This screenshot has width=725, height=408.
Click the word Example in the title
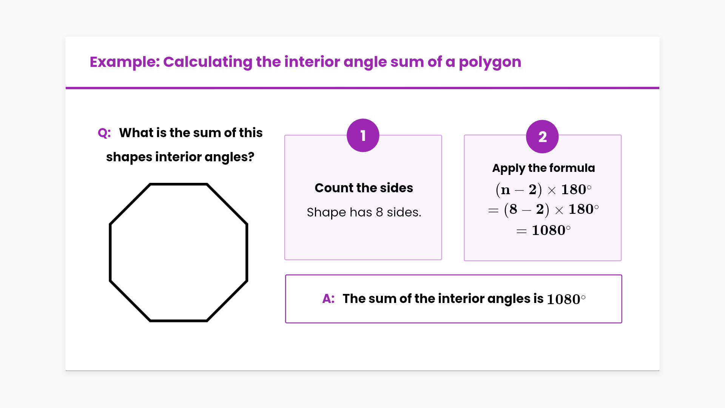(125, 62)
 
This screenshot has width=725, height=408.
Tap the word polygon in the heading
(490, 62)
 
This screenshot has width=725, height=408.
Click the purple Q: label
(104, 133)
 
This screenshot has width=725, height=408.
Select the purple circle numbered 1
(363, 136)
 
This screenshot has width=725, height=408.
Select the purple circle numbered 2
(542, 137)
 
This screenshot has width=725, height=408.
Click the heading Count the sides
(364, 188)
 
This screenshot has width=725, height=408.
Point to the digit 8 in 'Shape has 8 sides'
(379, 212)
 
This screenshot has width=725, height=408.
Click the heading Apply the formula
(543, 168)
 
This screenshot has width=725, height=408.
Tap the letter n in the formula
(505, 190)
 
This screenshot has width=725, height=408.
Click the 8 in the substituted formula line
(513, 209)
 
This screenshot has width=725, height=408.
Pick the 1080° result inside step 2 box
(551, 230)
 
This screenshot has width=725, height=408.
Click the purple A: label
(328, 299)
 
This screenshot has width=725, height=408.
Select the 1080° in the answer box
(566, 299)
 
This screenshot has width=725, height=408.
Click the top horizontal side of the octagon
(179, 184)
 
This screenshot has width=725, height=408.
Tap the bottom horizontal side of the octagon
(179, 321)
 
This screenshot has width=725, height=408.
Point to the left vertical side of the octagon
(110, 252)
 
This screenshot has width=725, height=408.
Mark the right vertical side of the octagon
(247, 252)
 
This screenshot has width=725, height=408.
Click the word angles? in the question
(229, 157)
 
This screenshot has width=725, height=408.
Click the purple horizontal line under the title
(362, 88)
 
